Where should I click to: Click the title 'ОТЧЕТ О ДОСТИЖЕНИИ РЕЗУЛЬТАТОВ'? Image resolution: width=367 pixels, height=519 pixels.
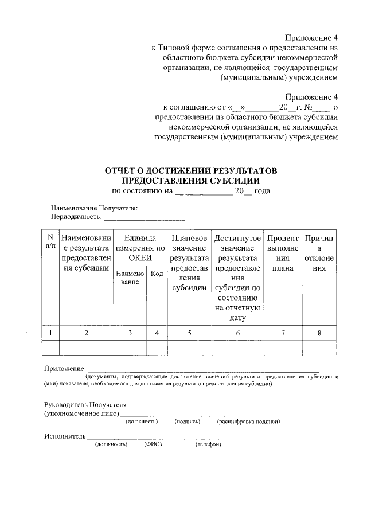tap(190, 171)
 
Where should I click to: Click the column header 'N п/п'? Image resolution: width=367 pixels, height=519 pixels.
tap(50, 241)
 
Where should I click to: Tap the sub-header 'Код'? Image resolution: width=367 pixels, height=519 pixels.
tap(157, 274)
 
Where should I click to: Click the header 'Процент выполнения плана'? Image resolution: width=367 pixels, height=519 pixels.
tap(283, 253)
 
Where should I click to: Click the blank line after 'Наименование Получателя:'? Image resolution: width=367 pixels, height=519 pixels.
tap(198, 210)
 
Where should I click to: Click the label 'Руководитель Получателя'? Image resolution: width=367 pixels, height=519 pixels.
tap(85, 404)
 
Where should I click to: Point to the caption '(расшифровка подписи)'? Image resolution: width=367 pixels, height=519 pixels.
tap(248, 422)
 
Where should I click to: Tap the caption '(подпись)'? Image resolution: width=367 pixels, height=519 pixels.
tap(187, 422)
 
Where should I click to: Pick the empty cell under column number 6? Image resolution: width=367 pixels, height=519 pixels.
tap(237, 348)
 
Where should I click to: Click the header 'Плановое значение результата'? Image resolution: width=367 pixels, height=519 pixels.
tap(189, 253)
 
